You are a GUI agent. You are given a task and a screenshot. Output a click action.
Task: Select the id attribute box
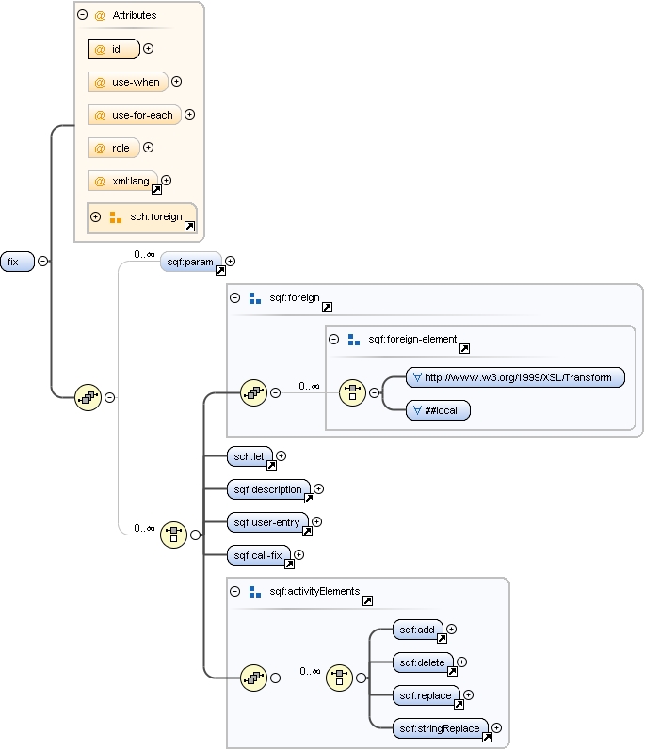coord(113,49)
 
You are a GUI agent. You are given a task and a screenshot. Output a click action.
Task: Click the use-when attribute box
coord(127,82)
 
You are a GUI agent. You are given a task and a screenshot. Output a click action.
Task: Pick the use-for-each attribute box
coord(134,115)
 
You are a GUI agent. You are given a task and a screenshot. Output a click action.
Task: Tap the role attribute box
coord(113,148)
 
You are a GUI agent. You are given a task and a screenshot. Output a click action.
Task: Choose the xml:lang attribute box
coord(121,181)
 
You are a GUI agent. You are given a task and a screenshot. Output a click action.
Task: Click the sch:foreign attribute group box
coord(142,217)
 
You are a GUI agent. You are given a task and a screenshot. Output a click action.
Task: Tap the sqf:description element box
coord(268,489)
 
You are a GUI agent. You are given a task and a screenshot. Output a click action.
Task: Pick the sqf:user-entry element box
coord(267,522)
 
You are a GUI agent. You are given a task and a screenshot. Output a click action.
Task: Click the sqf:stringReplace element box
coord(440,728)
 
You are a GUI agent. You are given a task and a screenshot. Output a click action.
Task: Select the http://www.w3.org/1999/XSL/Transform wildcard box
coord(516,377)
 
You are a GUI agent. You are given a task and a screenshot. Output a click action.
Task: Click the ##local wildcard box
coord(438,410)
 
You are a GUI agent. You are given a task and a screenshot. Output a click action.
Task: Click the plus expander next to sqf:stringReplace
coord(496,727)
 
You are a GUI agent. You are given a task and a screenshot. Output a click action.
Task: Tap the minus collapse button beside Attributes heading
coord(83,15)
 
